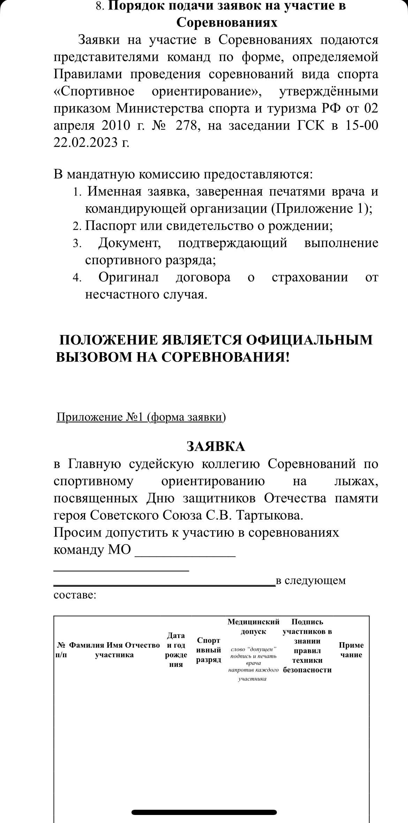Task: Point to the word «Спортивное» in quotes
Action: [x=95, y=91]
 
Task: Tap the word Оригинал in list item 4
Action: [x=128, y=277]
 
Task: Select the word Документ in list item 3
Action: [x=129, y=243]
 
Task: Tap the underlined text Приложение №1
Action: [x=100, y=417]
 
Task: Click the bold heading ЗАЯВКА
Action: [x=216, y=446]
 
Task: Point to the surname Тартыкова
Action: [x=270, y=515]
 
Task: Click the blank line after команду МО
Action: [x=185, y=550]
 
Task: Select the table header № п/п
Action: [x=61, y=650]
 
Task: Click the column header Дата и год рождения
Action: [x=176, y=650]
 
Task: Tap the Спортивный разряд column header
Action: [x=209, y=650]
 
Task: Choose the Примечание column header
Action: [x=351, y=650]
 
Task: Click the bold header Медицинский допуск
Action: [x=254, y=626]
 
